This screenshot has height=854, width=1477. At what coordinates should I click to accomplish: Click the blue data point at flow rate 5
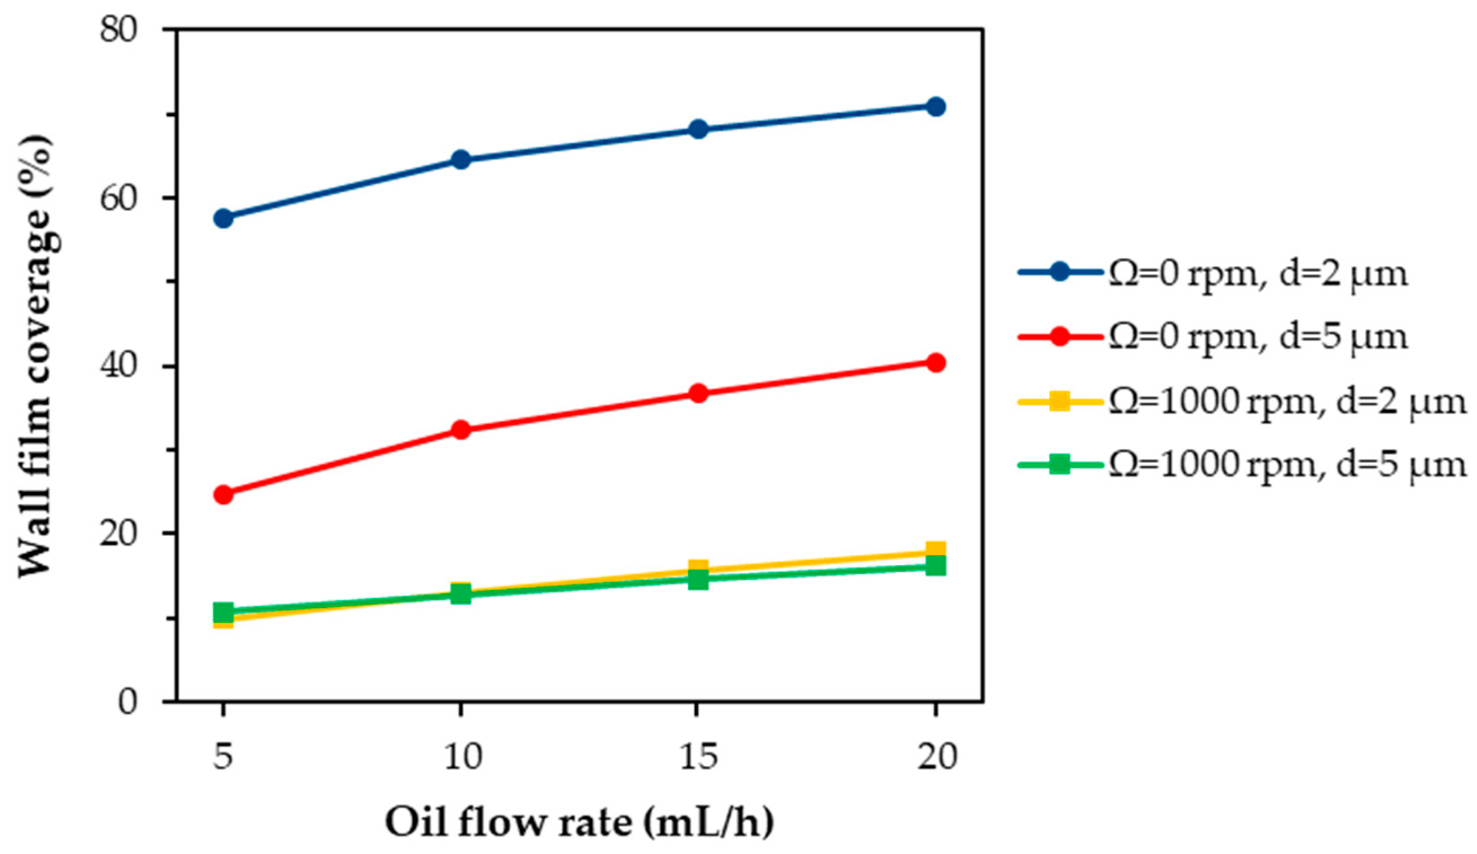coord(223,219)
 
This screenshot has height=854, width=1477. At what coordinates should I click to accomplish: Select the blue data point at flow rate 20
coord(936,107)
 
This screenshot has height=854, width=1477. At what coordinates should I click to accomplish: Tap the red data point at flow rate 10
coord(461,430)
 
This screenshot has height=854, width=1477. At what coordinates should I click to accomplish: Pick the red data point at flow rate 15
coord(698,393)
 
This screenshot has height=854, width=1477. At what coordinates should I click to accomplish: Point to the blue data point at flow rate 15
coord(698,130)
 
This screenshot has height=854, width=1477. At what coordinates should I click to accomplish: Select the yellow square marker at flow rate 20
coord(936,551)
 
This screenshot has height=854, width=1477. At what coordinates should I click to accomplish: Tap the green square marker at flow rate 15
coord(698,580)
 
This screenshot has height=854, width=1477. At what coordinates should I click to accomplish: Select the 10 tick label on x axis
coord(462,756)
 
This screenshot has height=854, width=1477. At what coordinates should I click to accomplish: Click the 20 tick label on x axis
coord(937,756)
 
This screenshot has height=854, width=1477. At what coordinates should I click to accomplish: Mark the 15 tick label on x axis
coord(698,756)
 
